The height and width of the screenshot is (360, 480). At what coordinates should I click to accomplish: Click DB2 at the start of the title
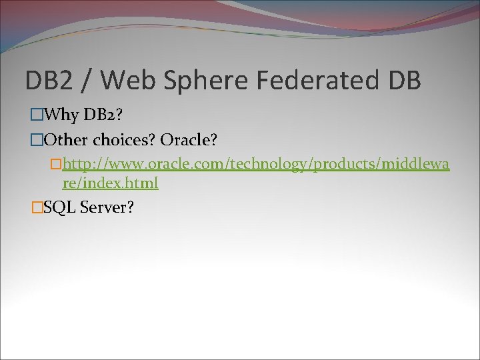[48, 81]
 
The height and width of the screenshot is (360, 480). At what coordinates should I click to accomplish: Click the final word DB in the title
[403, 81]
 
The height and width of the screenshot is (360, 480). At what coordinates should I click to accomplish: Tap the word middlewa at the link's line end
[414, 164]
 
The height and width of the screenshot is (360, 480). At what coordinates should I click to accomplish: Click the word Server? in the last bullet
[107, 207]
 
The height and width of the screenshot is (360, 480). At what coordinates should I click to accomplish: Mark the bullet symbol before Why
[37, 116]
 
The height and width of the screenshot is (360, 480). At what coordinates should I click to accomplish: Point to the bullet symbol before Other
[37, 141]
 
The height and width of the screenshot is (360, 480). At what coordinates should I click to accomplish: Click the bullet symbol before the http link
[56, 165]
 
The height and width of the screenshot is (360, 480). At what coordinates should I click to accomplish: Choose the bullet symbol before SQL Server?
[37, 208]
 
